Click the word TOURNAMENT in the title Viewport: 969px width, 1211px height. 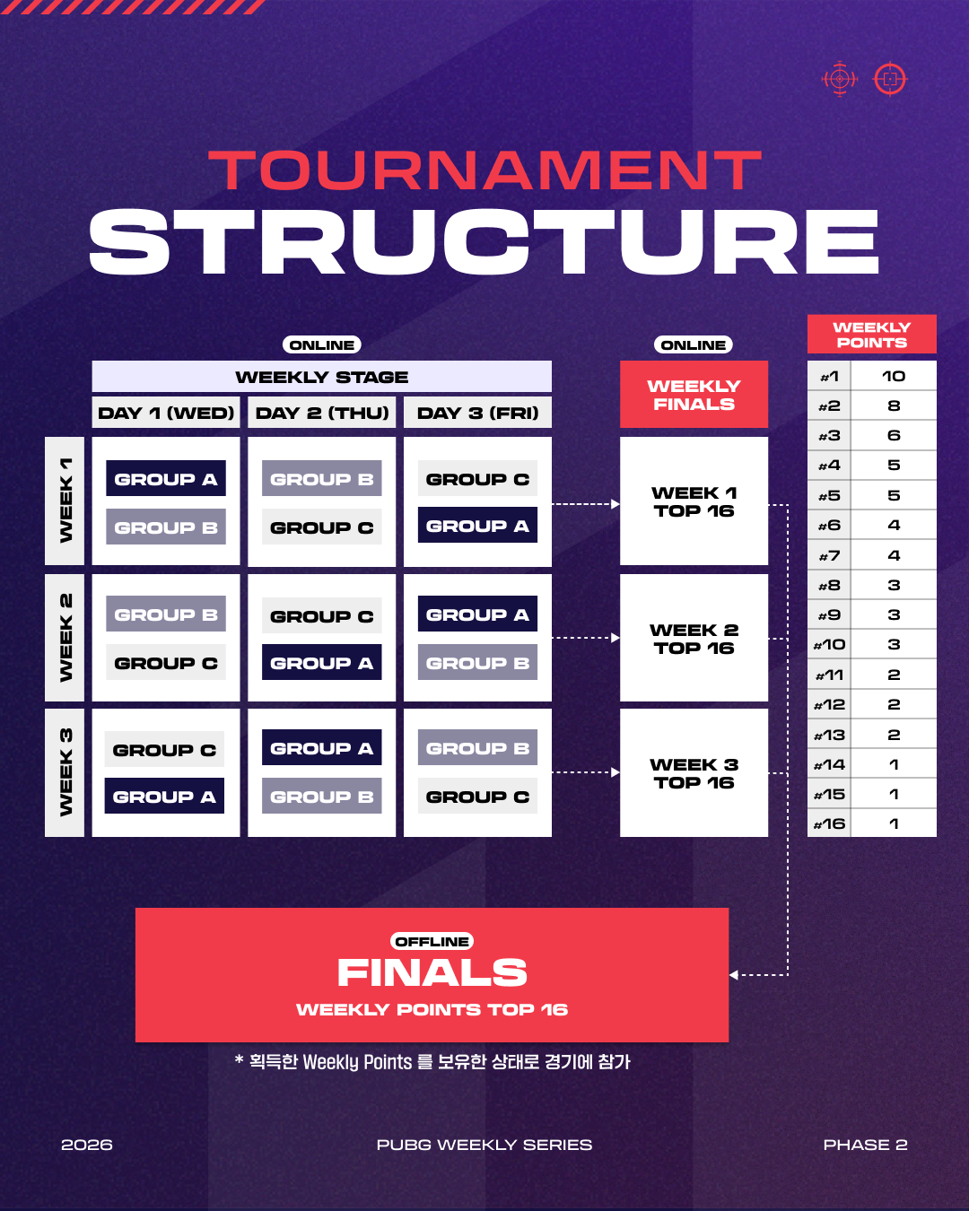(x=484, y=170)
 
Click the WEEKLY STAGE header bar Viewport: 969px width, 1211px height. (x=321, y=377)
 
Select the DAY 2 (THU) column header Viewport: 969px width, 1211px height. (x=321, y=413)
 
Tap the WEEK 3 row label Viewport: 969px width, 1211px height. (x=65, y=772)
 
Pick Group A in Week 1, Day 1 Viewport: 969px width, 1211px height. (x=165, y=478)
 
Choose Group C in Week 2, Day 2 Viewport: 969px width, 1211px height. (x=321, y=615)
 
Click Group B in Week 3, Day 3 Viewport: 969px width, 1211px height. (x=477, y=747)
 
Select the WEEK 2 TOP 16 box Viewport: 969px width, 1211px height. (x=694, y=638)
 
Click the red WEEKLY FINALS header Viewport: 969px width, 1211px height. (x=694, y=395)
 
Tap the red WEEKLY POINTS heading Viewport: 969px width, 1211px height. (x=871, y=335)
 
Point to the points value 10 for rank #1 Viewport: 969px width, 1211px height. (x=894, y=376)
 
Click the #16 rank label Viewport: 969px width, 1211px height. (x=829, y=823)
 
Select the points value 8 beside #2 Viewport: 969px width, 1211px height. (x=894, y=405)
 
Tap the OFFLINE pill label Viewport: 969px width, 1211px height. (x=432, y=942)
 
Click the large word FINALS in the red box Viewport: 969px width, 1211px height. (x=432, y=972)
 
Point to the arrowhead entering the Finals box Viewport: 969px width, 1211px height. (x=733, y=975)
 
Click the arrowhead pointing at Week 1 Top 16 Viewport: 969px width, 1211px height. (x=615, y=503)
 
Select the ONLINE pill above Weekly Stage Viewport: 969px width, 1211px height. (x=321, y=345)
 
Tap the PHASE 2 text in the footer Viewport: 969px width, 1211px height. (x=865, y=1145)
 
